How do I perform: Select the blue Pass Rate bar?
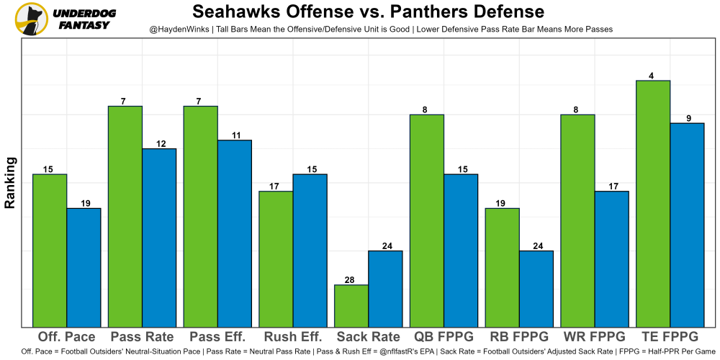click(159, 238)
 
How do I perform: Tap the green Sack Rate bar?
click(351, 306)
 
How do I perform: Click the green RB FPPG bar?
click(503, 268)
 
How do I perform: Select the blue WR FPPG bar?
click(612, 259)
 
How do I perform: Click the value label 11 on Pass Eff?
click(235, 135)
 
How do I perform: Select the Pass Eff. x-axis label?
click(217, 337)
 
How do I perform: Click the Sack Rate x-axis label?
click(368, 337)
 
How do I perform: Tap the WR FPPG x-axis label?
click(595, 337)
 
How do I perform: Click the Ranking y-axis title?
click(10, 184)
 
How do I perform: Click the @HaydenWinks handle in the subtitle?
click(179, 29)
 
